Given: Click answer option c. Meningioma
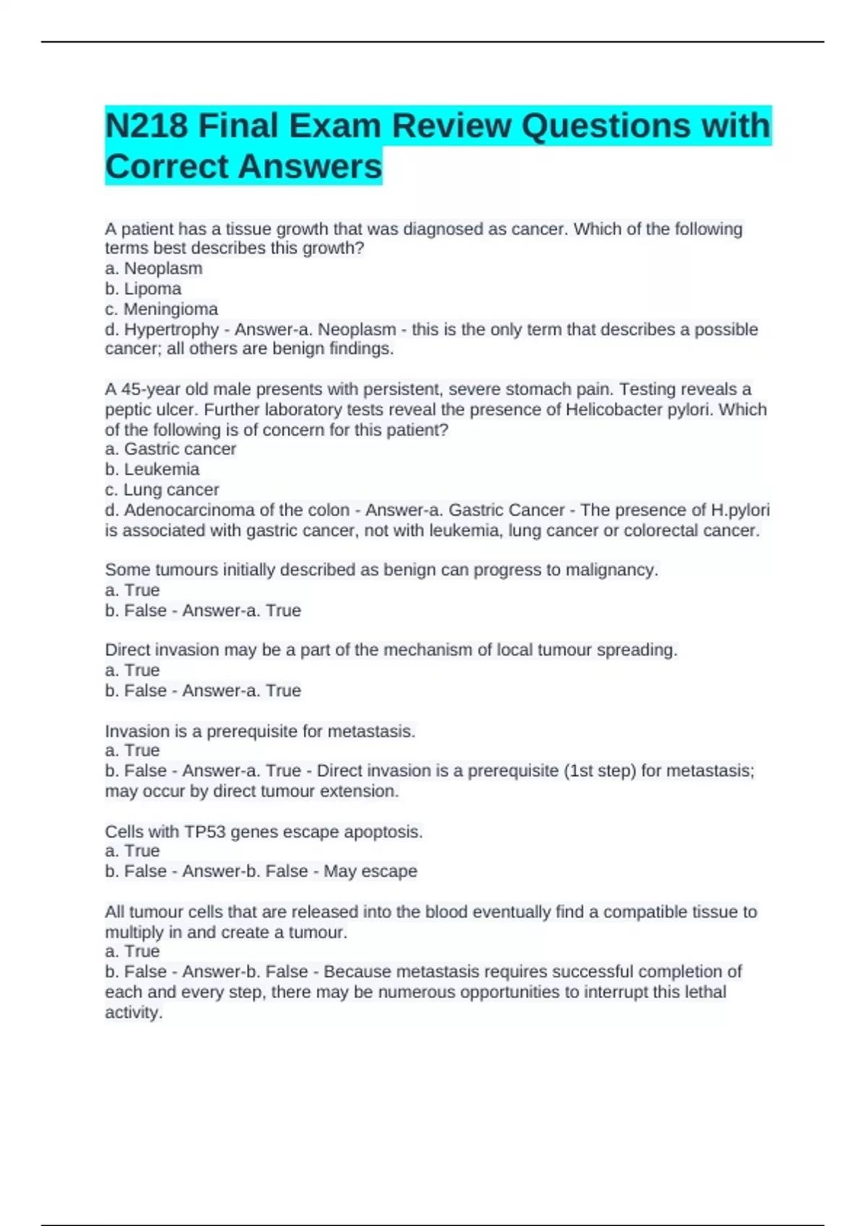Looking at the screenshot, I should pyautogui.click(x=161, y=309).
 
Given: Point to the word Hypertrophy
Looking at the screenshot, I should pyautogui.click(x=172, y=330).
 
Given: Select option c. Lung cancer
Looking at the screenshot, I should pyautogui.click(x=162, y=490).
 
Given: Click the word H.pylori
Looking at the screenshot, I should pyautogui.click(x=740, y=510).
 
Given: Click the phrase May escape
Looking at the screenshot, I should pyautogui.click(x=370, y=871).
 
